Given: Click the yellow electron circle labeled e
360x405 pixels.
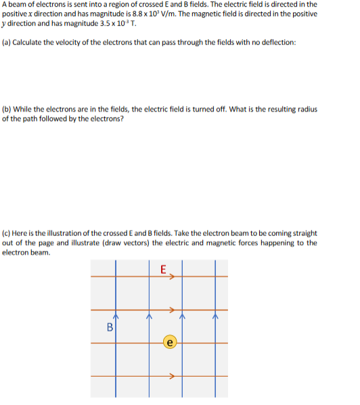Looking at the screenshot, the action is coord(171,343).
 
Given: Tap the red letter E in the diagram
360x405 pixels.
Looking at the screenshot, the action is coord(163,268).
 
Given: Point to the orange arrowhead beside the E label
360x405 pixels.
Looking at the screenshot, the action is coord(173,276).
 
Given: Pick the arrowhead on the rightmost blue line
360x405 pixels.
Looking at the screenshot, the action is coord(215,314).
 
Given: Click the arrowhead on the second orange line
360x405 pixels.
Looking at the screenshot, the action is coord(173,310).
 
